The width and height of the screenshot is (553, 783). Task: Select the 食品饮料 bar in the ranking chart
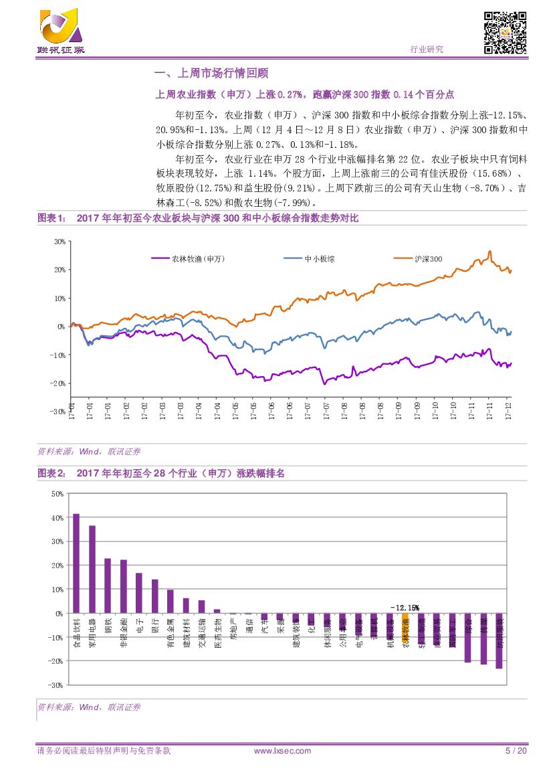pos(76,563)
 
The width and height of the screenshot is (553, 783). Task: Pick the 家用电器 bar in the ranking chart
pos(92,570)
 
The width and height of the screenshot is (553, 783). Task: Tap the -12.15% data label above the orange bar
pos(405,608)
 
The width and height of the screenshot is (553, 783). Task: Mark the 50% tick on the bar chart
pos(57,494)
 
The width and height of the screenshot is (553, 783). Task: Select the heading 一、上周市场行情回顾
pos(211,74)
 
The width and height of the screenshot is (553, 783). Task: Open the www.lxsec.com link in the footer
pos(283,751)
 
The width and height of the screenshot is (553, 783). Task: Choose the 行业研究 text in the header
pos(426,49)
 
